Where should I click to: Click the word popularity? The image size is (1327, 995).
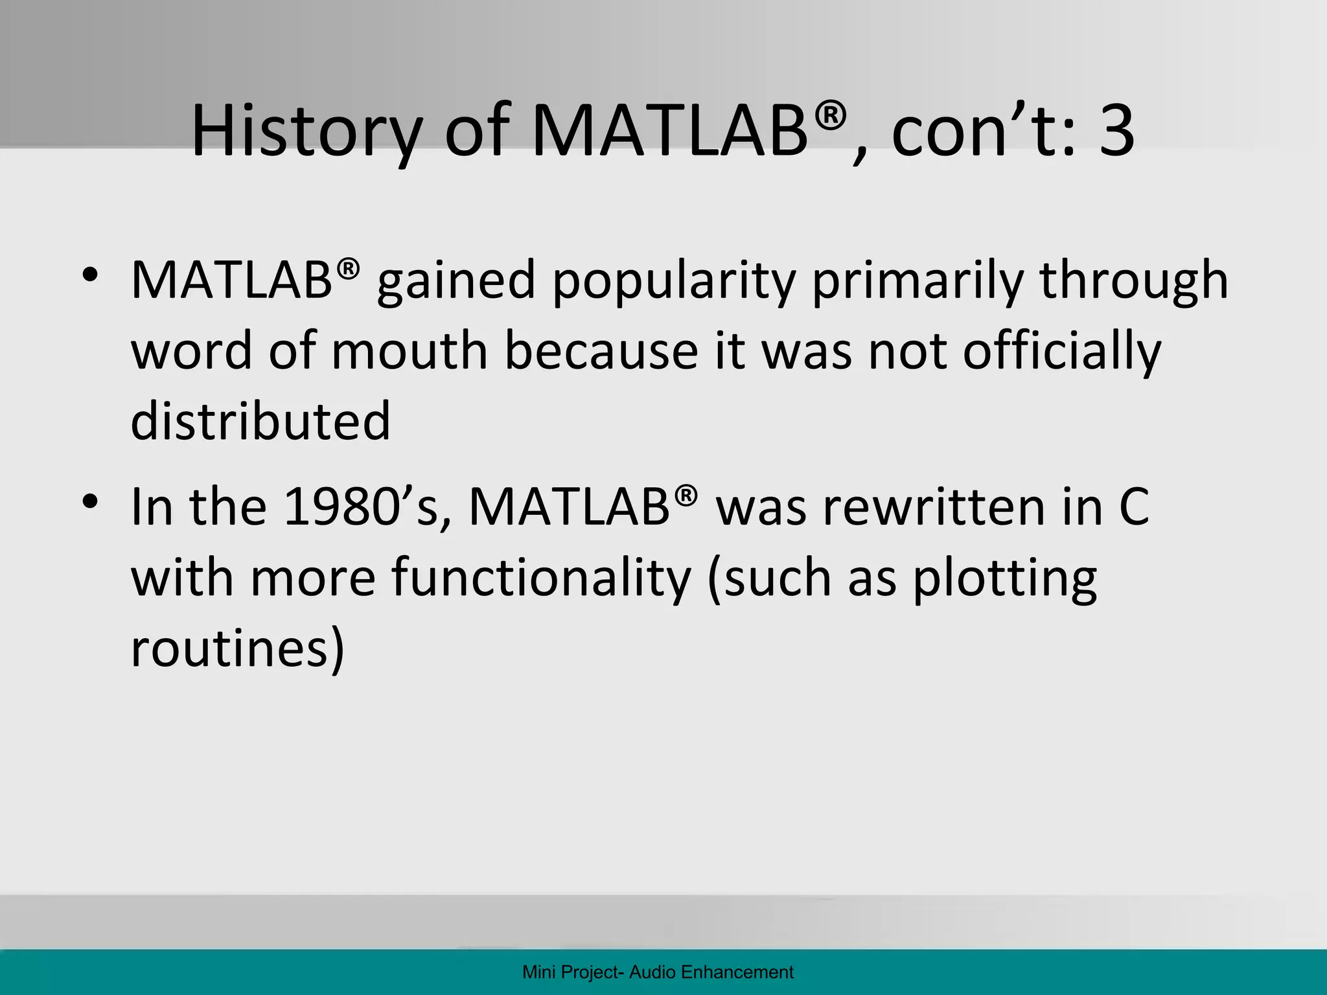[674, 282]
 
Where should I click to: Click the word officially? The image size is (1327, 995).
[1063, 351]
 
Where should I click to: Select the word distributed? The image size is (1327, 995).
[260, 421]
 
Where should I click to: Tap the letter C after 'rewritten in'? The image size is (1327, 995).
[1133, 507]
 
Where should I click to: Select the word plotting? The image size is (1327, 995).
[1005, 578]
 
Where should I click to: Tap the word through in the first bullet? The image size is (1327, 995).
[1134, 282]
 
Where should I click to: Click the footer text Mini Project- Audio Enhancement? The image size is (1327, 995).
[658, 972]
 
